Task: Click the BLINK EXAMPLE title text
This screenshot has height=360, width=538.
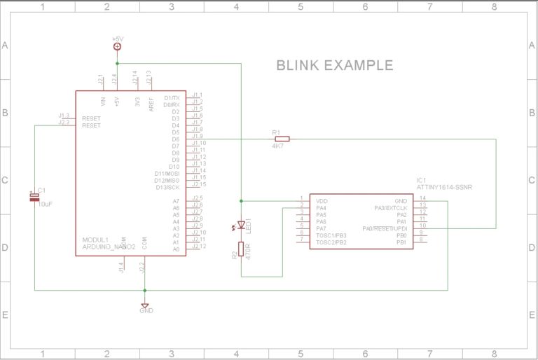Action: tap(334, 66)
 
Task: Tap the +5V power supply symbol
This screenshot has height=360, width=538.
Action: tap(117, 46)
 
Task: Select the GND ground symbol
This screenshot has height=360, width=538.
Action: tap(145, 306)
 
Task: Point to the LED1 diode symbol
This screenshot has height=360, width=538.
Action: tap(241, 226)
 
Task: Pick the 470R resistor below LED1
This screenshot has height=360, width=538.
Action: tap(241, 249)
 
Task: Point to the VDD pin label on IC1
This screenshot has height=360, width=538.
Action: tap(322, 200)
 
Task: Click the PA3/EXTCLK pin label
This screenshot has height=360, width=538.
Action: tap(390, 208)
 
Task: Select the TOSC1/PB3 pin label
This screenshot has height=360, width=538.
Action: tap(331, 235)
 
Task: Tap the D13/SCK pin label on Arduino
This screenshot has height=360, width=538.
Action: tap(167, 187)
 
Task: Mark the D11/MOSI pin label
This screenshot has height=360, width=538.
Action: tap(167, 174)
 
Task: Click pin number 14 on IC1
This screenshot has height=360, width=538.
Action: tap(422, 198)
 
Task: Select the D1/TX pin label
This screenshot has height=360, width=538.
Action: tap(171, 98)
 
